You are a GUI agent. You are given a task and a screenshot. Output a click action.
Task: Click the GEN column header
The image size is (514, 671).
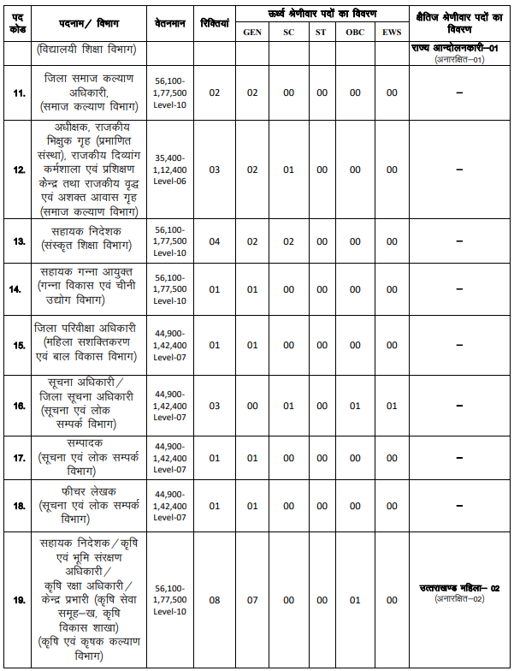coord(252,32)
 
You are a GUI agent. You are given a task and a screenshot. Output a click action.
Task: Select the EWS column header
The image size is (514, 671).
coord(391,32)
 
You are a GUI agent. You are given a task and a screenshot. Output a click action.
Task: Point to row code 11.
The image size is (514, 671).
coord(19,92)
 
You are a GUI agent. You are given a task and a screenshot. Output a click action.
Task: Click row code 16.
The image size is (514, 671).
coord(19,406)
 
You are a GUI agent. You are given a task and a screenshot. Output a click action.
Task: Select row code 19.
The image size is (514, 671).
coord(19,600)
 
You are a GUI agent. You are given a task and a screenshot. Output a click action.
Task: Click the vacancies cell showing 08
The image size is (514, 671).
coord(214,600)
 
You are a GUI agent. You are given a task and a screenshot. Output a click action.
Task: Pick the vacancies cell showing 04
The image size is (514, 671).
coord(214,241)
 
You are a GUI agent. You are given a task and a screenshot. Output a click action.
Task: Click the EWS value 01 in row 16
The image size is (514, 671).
coord(391,406)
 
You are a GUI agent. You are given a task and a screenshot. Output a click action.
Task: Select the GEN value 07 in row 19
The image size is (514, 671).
coord(252,600)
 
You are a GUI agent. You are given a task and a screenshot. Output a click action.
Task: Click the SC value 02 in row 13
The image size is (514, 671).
coord(288,241)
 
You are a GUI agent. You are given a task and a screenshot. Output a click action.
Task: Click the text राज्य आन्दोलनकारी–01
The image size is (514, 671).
coord(459,50)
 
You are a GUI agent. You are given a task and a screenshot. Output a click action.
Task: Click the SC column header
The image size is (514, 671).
coord(288,32)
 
